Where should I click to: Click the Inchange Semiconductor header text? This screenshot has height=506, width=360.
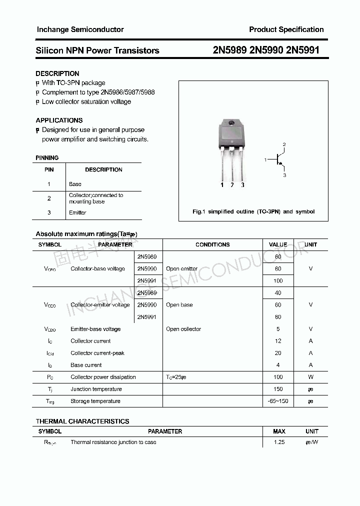[x=80, y=29]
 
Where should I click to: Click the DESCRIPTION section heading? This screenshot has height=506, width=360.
[x=57, y=73]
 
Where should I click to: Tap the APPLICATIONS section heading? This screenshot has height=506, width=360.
[x=59, y=120]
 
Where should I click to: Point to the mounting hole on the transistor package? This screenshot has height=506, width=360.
[x=231, y=124]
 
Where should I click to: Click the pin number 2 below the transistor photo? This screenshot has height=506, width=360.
[x=232, y=185]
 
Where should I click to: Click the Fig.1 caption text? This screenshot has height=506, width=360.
[x=253, y=211]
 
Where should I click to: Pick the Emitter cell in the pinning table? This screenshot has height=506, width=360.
[x=77, y=212]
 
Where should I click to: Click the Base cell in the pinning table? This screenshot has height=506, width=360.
[x=75, y=184]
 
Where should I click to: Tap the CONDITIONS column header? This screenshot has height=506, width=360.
[x=212, y=244]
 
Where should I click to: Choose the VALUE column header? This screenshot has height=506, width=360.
[x=278, y=244]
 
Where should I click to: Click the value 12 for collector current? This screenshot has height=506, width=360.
[x=278, y=341]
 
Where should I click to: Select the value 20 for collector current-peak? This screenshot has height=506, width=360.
[x=278, y=353]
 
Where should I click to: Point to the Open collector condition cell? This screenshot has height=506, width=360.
[x=183, y=329]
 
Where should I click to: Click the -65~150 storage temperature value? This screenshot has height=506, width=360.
[x=278, y=401]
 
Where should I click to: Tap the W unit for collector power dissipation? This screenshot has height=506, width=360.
[x=310, y=377]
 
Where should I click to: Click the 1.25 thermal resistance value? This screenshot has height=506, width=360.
[x=278, y=442]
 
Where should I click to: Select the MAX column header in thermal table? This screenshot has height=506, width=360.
[x=279, y=431]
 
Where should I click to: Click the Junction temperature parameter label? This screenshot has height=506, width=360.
[x=96, y=389]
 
